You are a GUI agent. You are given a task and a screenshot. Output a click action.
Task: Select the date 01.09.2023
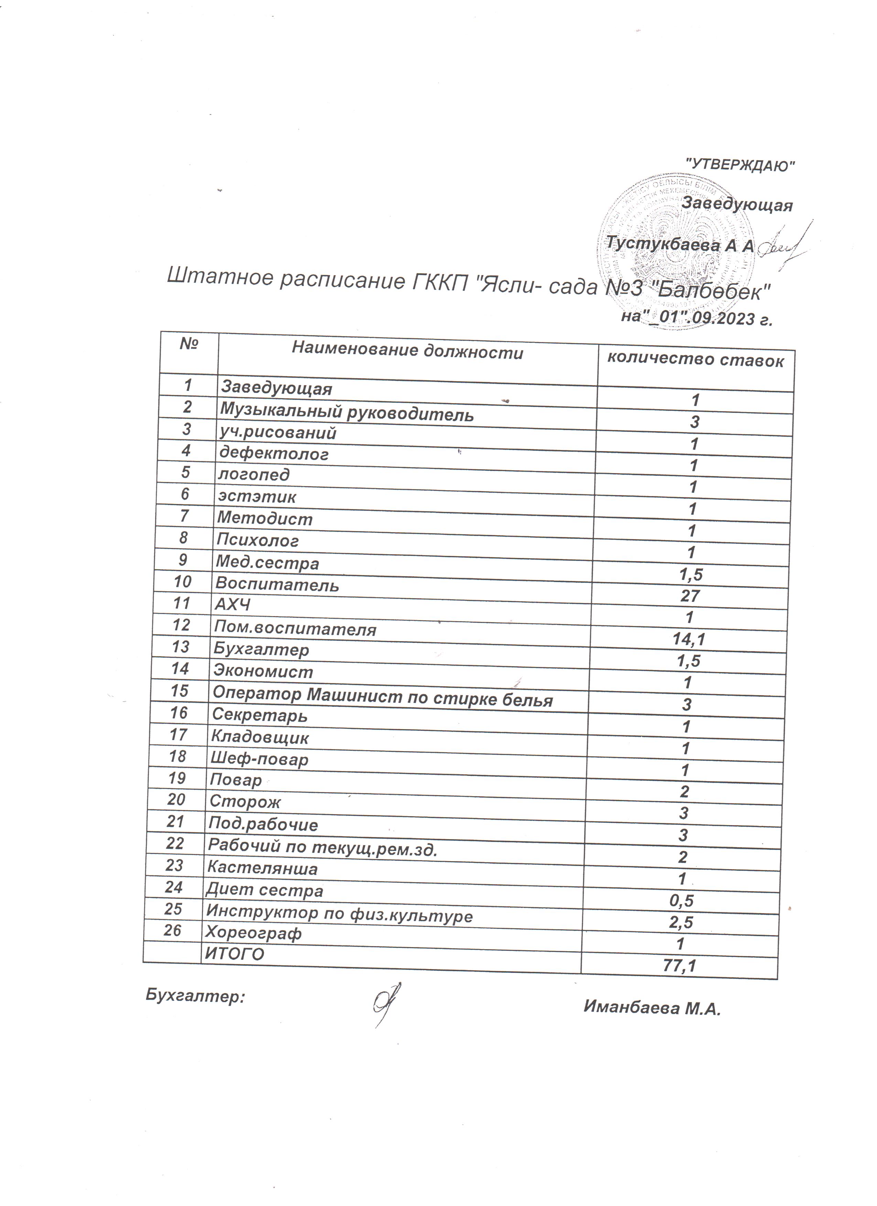697,318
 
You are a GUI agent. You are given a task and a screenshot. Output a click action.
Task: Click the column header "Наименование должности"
408,351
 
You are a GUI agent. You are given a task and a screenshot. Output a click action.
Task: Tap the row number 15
179,691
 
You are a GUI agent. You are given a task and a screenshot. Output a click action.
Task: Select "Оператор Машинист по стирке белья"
382,697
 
